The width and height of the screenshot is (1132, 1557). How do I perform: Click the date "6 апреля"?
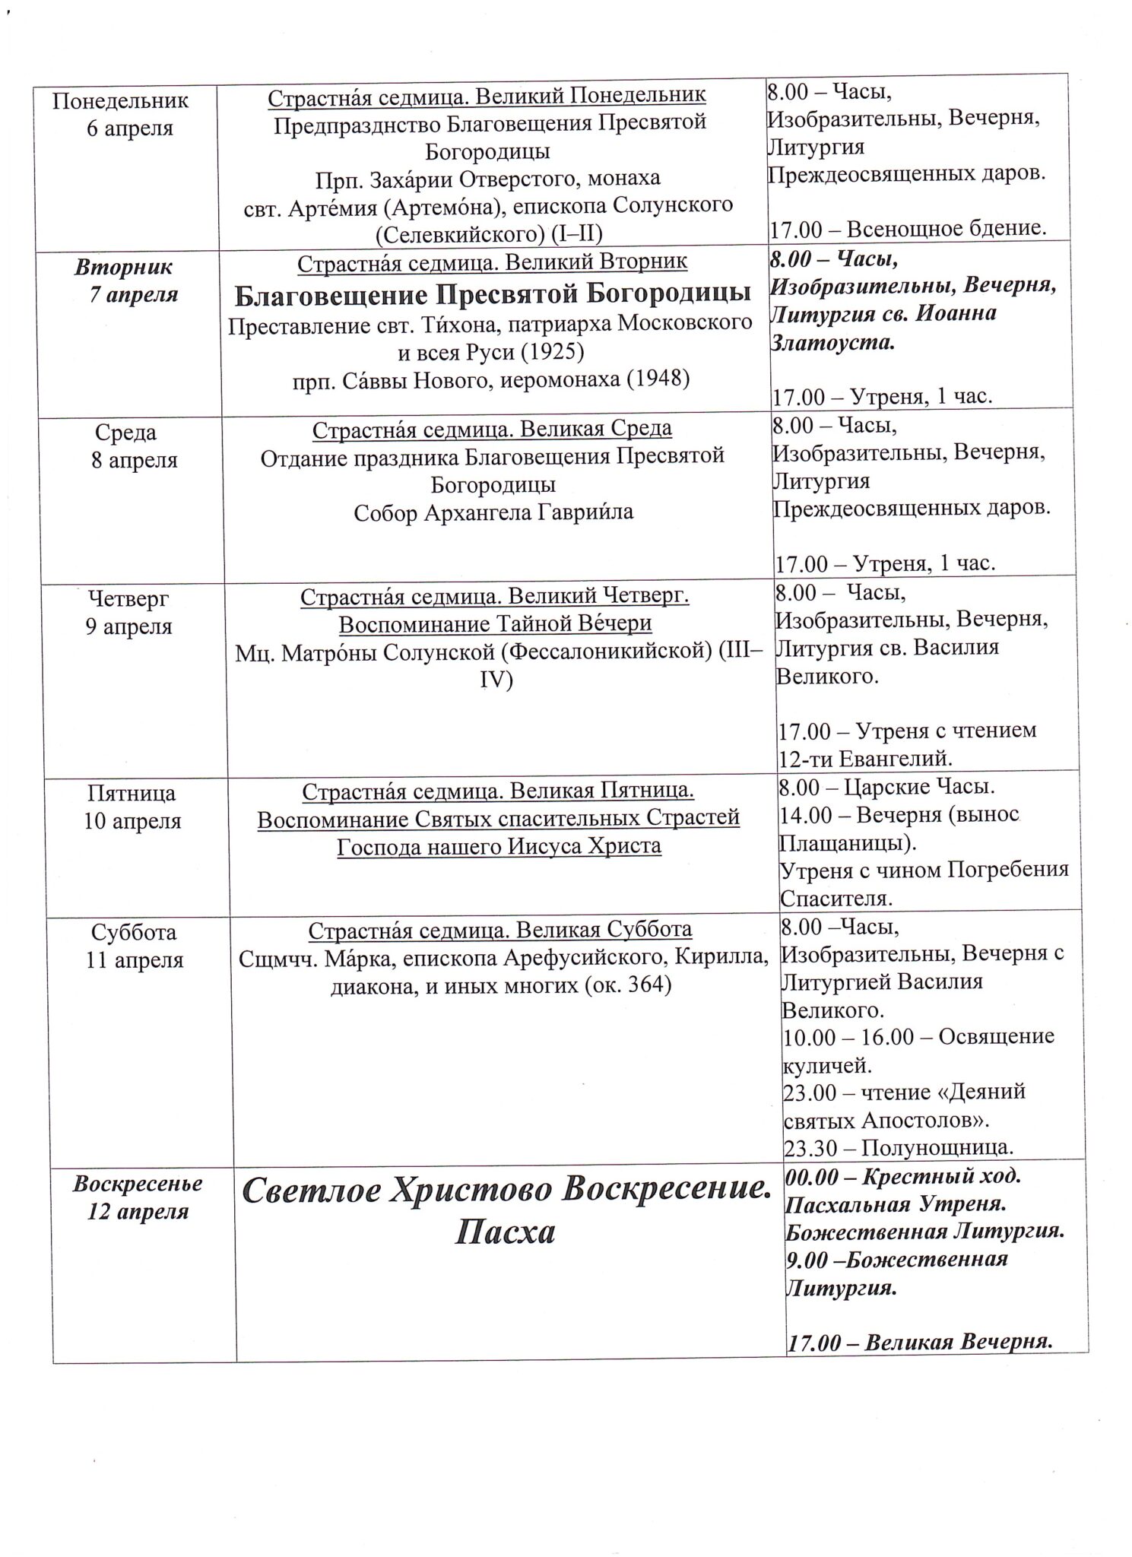click(130, 128)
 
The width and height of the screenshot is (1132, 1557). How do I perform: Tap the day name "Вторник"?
click(124, 267)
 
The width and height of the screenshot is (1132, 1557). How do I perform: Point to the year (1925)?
click(554, 350)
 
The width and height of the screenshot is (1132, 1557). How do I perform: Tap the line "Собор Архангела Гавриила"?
click(493, 512)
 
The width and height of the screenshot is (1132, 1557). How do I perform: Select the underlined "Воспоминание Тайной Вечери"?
click(495, 623)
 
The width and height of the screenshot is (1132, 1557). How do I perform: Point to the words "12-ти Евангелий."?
click(865, 758)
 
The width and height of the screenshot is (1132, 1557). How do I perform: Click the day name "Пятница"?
click(132, 793)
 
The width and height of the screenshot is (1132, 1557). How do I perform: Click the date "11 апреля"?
click(135, 959)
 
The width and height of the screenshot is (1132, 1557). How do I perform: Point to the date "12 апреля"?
click(138, 1211)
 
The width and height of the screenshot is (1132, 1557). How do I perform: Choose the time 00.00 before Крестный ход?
click(814, 1176)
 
